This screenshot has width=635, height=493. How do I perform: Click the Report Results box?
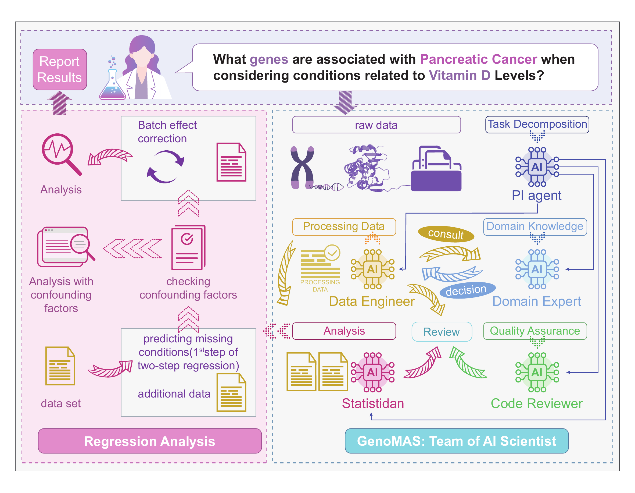pyautogui.click(x=60, y=69)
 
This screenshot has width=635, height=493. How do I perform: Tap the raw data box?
pyautogui.click(x=376, y=125)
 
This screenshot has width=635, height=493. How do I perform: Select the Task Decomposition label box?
pyautogui.click(x=537, y=124)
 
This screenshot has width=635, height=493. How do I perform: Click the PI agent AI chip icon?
pyautogui.click(x=537, y=167)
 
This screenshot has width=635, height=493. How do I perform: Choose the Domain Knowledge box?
pyautogui.click(x=535, y=226)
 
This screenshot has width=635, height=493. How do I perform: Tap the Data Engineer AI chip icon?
pyautogui.click(x=372, y=269)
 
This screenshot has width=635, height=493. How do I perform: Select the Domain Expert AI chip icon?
pyautogui.click(x=537, y=269)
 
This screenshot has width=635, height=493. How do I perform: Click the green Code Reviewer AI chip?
pyautogui.click(x=537, y=372)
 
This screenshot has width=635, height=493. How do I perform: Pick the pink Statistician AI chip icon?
pyautogui.click(x=372, y=372)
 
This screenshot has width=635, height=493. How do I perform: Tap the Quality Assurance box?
pyautogui.click(x=535, y=331)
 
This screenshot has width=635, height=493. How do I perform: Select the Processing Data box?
pyautogui.click(x=344, y=226)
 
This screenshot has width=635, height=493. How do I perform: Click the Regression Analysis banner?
pyautogui.click(x=149, y=441)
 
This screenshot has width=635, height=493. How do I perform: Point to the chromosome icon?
pyautogui.click(x=302, y=168)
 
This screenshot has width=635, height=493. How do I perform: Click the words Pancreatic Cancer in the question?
pyautogui.click(x=478, y=59)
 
